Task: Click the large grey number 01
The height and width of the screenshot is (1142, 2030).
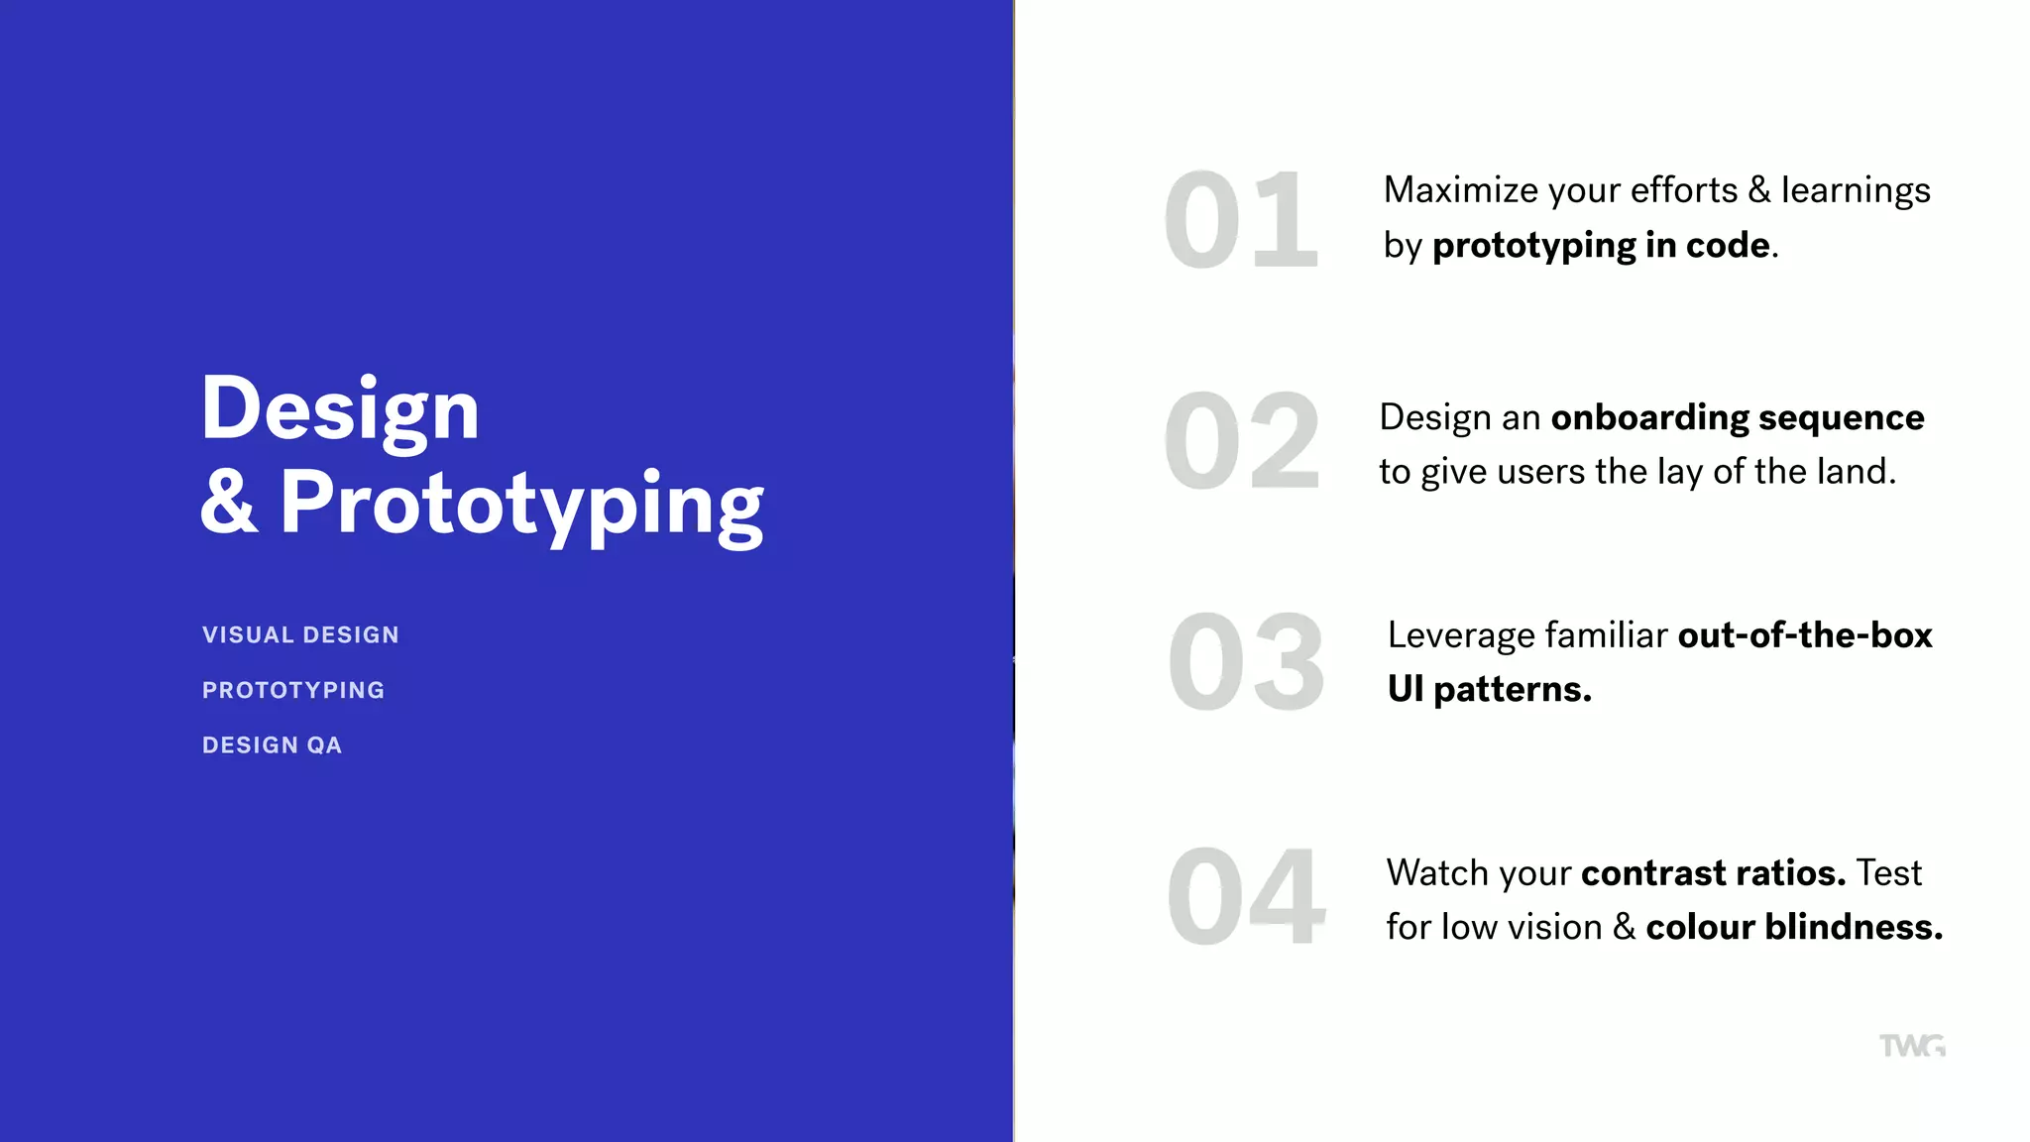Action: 1241,220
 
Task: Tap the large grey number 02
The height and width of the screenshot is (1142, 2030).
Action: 1241,442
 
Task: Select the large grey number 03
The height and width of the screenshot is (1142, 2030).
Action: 1245,662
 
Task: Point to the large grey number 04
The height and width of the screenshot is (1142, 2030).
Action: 1245,896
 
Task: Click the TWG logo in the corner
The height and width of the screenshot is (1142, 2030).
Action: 1912,1046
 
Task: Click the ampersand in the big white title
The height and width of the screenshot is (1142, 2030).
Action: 229,504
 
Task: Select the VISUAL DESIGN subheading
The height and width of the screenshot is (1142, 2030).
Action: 300,634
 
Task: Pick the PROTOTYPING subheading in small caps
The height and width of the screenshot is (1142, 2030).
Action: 293,690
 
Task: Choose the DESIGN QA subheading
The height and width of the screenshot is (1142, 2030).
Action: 272,745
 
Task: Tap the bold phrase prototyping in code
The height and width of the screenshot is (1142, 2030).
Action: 1601,246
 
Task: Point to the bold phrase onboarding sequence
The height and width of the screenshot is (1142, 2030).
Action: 1737,418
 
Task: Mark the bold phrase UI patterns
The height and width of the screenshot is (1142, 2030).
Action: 1489,689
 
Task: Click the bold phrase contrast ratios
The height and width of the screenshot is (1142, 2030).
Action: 1713,873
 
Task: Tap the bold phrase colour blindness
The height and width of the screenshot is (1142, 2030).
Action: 1793,927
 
